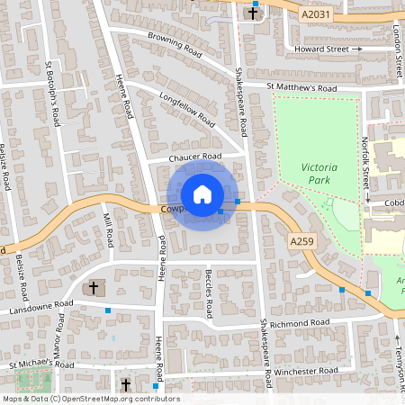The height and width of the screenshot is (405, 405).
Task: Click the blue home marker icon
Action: point(202,194)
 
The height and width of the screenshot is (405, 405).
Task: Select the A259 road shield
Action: point(301,242)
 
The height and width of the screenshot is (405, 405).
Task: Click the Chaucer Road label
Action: point(195,157)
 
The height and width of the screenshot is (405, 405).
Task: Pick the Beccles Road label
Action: point(208,293)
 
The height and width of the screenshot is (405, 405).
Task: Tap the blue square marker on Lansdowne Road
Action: point(108,310)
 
